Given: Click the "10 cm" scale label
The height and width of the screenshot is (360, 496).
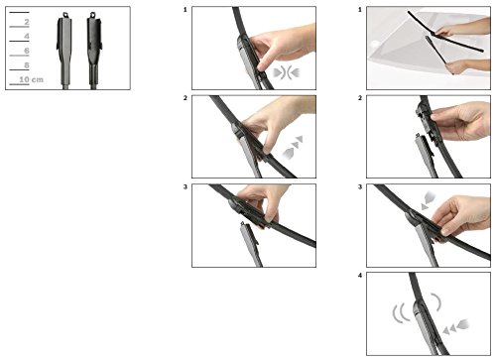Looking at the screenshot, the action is click(31, 79).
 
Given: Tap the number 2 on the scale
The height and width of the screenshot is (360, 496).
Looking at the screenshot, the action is click(27, 22).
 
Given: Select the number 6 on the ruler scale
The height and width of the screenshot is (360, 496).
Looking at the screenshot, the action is click(27, 51).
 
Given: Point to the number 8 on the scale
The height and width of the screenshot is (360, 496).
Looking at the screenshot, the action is click(27, 65).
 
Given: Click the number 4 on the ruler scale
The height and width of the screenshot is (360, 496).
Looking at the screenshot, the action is click(27, 36).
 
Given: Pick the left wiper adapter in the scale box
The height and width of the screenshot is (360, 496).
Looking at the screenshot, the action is click(64, 51).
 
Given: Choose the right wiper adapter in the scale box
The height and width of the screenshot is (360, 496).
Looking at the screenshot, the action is click(94, 51).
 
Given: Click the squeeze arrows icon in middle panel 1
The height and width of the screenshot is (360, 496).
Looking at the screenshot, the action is click(287, 72).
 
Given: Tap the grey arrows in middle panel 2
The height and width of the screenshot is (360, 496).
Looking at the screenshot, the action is click(294, 147).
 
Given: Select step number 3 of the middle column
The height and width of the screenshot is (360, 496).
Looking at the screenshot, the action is click(186, 186).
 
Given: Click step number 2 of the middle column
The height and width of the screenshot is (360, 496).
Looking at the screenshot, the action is click(186, 98).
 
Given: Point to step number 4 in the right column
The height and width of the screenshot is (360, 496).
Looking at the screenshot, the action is click(360, 275).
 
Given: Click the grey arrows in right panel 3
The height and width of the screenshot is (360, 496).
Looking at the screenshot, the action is click(429, 200).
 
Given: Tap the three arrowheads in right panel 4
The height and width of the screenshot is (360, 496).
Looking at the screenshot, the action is click(456, 326).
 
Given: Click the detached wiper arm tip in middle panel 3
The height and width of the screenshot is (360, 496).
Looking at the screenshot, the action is click(243, 224).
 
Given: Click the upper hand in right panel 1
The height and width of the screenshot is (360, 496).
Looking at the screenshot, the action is click(464, 28).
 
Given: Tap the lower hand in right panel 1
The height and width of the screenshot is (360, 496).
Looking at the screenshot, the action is click(467, 66).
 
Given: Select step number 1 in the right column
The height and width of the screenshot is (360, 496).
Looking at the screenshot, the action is click(360, 10).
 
